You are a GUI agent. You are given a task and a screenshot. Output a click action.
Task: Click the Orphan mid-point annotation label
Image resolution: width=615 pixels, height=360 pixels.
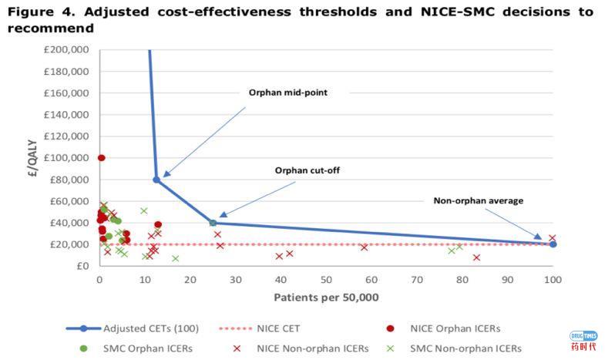coord(287,93)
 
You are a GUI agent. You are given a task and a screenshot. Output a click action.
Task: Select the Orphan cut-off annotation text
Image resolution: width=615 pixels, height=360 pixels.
coord(307,170)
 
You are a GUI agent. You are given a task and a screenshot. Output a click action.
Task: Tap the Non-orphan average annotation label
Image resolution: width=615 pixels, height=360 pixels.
coord(478,201)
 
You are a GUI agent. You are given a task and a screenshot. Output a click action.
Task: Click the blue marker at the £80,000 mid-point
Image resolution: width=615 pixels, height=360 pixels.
coord(156,180)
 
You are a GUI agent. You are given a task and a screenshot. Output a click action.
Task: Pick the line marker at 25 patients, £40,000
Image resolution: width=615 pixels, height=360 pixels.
coord(213,223)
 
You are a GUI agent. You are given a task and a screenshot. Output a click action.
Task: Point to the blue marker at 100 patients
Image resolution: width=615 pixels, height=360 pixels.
coord(553,244)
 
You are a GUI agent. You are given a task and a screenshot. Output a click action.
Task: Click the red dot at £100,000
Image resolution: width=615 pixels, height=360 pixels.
coord(101,158)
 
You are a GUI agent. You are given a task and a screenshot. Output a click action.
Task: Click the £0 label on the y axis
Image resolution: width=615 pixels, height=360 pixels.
coord(83,266)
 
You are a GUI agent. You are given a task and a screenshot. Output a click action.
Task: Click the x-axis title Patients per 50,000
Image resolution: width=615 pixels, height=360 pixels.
coord(324,297)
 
